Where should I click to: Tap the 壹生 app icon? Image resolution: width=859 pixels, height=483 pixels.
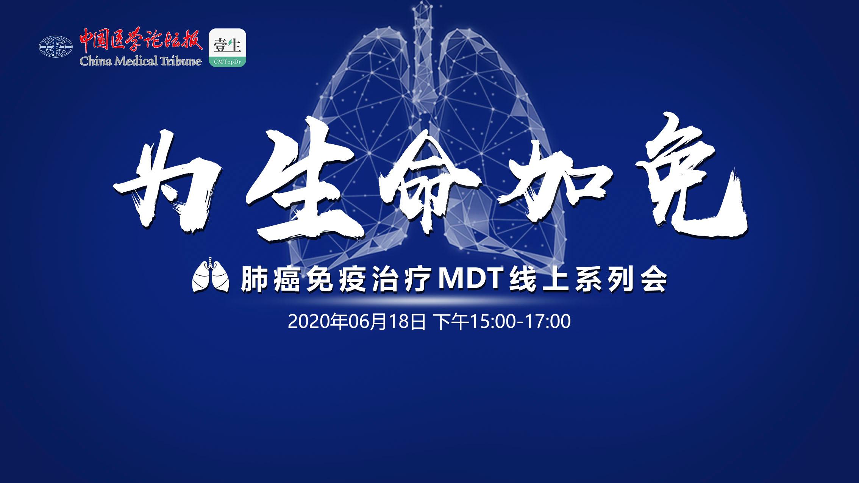coord(227,48)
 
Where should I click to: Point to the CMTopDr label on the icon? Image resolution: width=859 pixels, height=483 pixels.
coord(227,62)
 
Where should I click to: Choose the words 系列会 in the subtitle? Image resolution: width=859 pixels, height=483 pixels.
coord(620,281)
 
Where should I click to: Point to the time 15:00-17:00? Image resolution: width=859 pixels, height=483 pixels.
coord(520,322)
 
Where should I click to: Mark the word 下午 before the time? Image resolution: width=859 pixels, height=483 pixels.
coord(451,322)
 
